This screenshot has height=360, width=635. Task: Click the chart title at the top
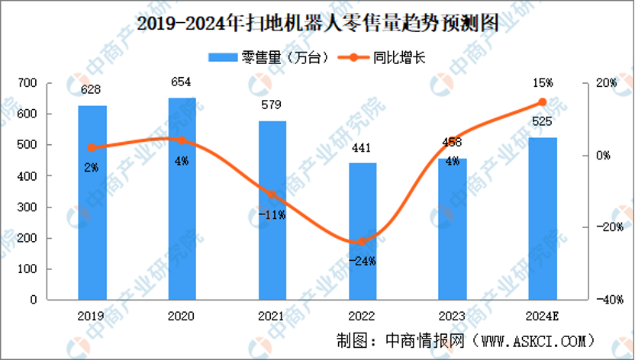(317, 23)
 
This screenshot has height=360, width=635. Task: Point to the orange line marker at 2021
(272, 194)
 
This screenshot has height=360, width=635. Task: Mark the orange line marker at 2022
(363, 242)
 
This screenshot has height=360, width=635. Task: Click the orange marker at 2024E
(543, 101)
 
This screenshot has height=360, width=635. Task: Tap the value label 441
(363, 149)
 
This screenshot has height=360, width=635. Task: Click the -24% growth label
(363, 261)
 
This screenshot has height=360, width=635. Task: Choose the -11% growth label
(272, 215)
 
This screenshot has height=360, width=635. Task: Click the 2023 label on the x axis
(453, 316)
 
